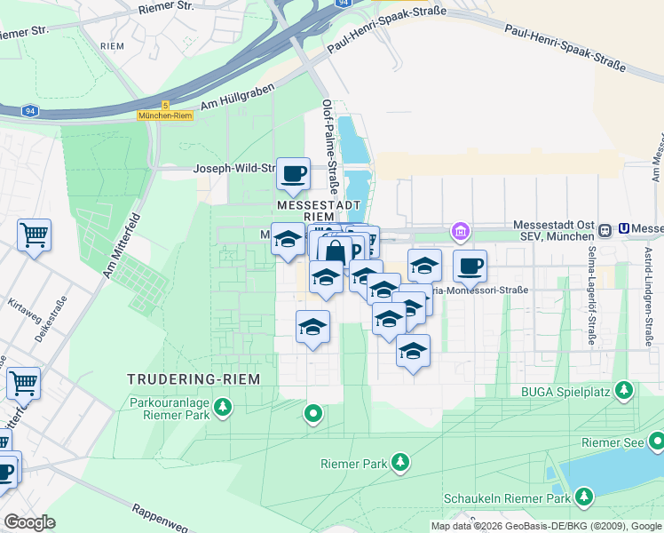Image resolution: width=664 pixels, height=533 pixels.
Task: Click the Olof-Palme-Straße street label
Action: click(330, 147)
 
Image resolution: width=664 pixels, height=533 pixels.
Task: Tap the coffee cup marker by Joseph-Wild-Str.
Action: click(293, 173)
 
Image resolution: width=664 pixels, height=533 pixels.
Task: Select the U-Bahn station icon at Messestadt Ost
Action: click(605, 229)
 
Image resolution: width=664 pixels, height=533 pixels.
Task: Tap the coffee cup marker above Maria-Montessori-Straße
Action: click(470, 265)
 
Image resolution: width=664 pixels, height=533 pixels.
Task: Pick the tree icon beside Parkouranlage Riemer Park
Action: click(223, 408)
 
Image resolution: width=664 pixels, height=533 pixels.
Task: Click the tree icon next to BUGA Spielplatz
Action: click(625, 390)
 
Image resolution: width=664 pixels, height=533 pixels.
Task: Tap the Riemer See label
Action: click(612, 442)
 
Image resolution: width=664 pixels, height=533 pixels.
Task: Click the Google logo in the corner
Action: click(29, 522)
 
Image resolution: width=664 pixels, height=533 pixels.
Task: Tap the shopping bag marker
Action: click(334, 252)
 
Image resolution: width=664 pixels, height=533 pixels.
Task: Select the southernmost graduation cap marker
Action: click(413, 351)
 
